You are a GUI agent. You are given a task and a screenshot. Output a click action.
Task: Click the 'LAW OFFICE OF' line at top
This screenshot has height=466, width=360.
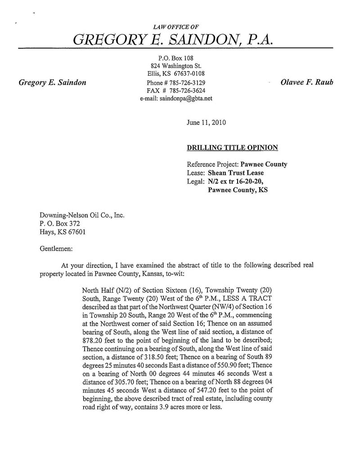[x=173, y=27]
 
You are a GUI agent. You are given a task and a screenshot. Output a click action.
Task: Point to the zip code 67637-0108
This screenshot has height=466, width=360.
[x=188, y=74]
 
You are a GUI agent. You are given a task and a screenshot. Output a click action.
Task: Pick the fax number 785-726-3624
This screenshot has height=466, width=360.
[x=188, y=90]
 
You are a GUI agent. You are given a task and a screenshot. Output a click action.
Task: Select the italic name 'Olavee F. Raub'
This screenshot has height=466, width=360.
[x=306, y=82]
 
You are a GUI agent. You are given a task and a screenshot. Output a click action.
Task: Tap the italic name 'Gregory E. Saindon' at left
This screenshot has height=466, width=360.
[x=52, y=82]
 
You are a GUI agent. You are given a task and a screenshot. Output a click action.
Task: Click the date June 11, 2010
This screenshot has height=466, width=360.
[x=206, y=122]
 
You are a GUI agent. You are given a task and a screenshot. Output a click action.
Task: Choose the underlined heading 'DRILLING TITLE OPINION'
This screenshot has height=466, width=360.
[x=232, y=147]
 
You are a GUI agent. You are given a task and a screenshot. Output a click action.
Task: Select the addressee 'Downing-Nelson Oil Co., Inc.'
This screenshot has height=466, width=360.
[x=81, y=215]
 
